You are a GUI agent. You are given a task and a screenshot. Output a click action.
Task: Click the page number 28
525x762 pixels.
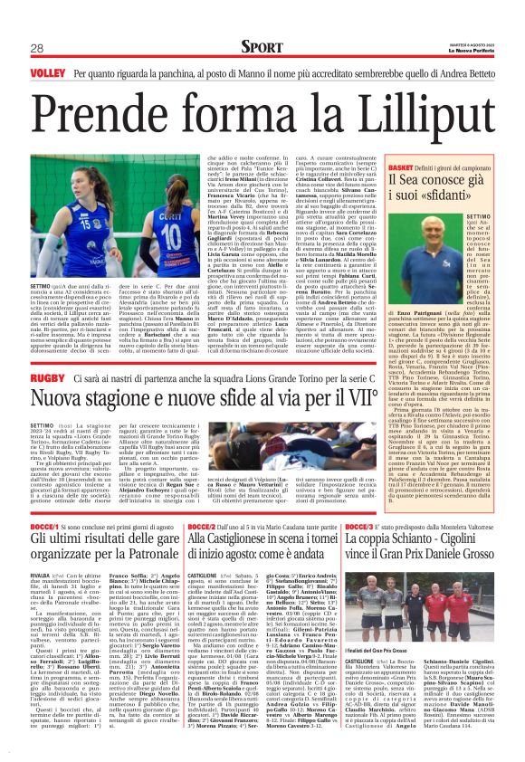tap(37, 48)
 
